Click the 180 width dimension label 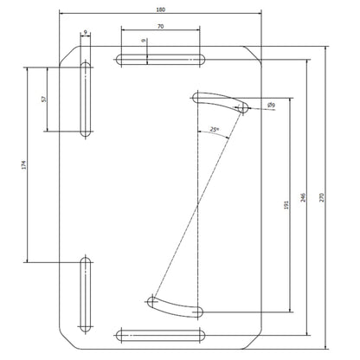pos(159,9)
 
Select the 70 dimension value pos(160,28)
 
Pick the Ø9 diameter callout pos(271,106)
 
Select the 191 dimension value pos(286,205)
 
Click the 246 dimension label pos(302,197)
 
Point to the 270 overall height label pos(323,197)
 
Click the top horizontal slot pos(160,60)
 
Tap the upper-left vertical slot pos(85,100)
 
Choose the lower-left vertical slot pos(85,294)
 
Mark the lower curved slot pos(177,305)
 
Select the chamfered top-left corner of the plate pos(66,54)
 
